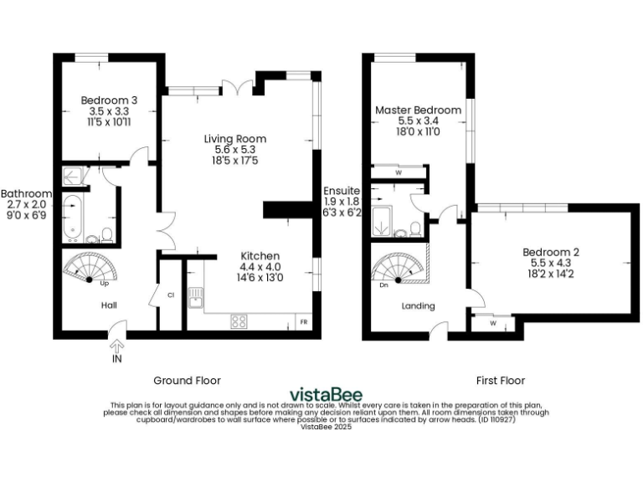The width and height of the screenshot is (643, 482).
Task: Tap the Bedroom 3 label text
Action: (x=109, y=100)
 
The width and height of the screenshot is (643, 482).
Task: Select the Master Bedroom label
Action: (x=417, y=110)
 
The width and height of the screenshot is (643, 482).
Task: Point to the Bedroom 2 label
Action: (x=551, y=252)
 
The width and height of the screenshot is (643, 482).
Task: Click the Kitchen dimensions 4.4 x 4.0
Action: (x=260, y=267)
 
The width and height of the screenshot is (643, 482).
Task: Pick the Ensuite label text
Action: (x=342, y=191)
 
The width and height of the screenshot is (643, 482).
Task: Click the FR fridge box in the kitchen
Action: (x=303, y=321)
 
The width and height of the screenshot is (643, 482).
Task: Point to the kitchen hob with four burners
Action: (x=239, y=320)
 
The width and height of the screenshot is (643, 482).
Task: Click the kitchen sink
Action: (x=195, y=297)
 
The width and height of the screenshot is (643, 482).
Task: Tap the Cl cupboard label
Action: (x=170, y=295)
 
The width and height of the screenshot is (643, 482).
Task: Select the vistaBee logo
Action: (x=321, y=393)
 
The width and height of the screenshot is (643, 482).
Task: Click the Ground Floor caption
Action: (x=187, y=380)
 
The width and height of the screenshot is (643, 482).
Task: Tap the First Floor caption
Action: (x=500, y=380)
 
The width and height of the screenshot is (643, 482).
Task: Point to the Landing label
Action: (x=419, y=306)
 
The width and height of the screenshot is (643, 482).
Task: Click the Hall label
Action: (x=109, y=306)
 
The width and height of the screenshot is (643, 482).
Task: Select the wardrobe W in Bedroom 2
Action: (x=492, y=322)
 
